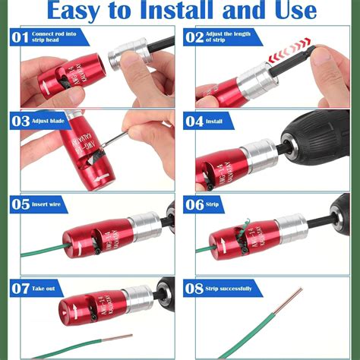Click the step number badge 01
click(x=21, y=36)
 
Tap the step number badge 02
click(x=195, y=36)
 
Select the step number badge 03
click(x=21, y=120)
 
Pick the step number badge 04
click(x=195, y=120)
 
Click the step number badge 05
click(x=21, y=203)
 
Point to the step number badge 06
click(x=195, y=203)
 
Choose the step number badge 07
click(x=21, y=287)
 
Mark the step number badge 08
click(x=195, y=287)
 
